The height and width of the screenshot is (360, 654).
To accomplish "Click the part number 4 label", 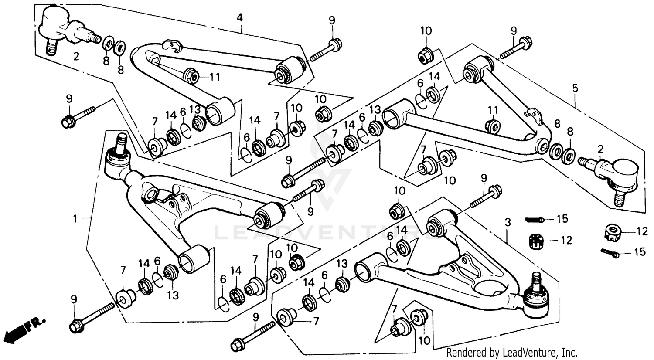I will (239, 17).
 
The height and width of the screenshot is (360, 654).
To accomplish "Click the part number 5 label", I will (575, 88).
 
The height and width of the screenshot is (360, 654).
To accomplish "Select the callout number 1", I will (75, 218).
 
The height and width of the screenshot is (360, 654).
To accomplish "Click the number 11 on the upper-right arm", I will (492, 109).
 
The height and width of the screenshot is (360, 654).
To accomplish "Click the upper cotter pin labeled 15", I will (535, 219).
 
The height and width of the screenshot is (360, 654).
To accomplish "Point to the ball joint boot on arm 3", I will (536, 301).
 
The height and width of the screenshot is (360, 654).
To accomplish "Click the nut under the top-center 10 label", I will (426, 55).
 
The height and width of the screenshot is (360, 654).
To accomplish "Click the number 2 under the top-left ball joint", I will (76, 57).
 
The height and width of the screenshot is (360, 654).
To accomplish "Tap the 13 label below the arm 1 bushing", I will (173, 295).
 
